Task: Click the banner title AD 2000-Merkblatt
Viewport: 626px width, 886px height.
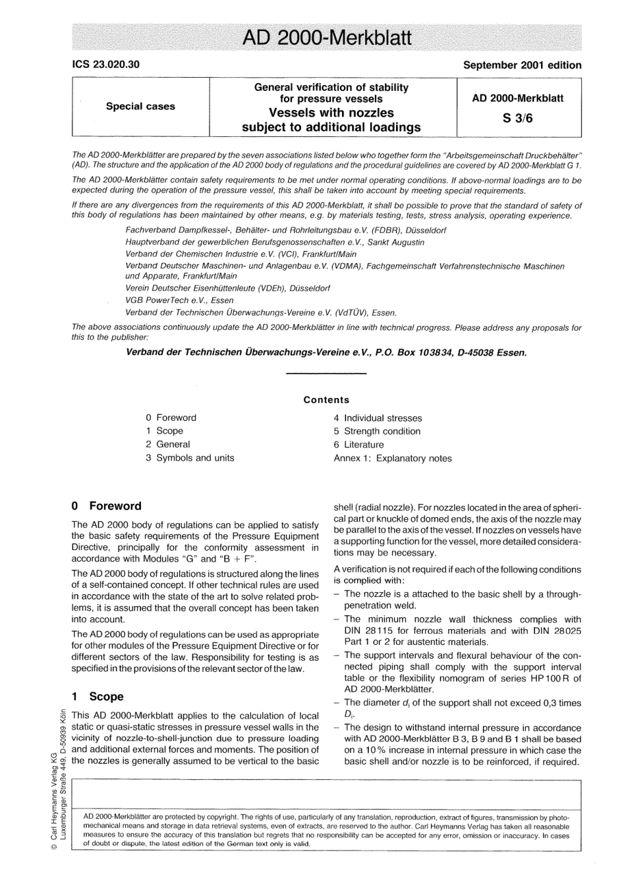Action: pos(327,38)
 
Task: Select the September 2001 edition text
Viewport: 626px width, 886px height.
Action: pos(522,65)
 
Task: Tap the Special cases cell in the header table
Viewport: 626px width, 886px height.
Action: pos(140,106)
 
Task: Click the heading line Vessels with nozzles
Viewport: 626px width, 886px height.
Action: pos(331,113)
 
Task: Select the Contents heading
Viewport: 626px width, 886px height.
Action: pos(326,400)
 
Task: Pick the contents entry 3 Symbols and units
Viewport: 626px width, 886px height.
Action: pos(190,458)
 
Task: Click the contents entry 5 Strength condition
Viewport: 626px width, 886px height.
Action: pos(377,431)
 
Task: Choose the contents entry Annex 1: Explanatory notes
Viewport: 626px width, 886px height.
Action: pos(393,458)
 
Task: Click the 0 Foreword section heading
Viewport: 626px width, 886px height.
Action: pos(106,506)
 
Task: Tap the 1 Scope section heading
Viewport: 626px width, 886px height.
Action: pos(97,696)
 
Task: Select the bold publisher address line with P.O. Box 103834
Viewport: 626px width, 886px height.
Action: pos(326,352)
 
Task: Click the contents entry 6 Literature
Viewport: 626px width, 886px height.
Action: pos(358,445)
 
